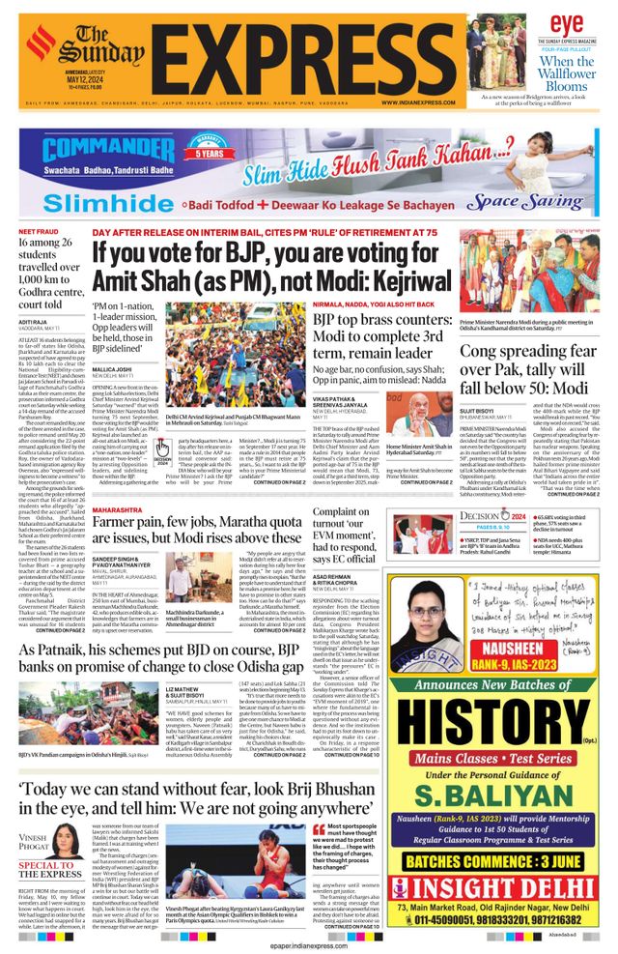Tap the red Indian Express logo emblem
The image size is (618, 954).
pos(42,43)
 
